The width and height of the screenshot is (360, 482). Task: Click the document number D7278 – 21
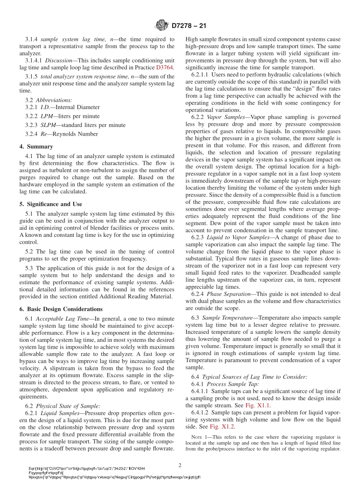pyautogui.click(x=189, y=26)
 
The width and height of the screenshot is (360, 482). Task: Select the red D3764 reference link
pyautogui.click(x=165, y=67)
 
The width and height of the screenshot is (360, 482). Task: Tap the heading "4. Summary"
pyautogui.click(x=36, y=147)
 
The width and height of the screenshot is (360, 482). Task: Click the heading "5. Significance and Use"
pyautogui.click(x=50, y=204)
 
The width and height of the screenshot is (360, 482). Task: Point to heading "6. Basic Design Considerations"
pyautogui.click(x=61, y=309)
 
